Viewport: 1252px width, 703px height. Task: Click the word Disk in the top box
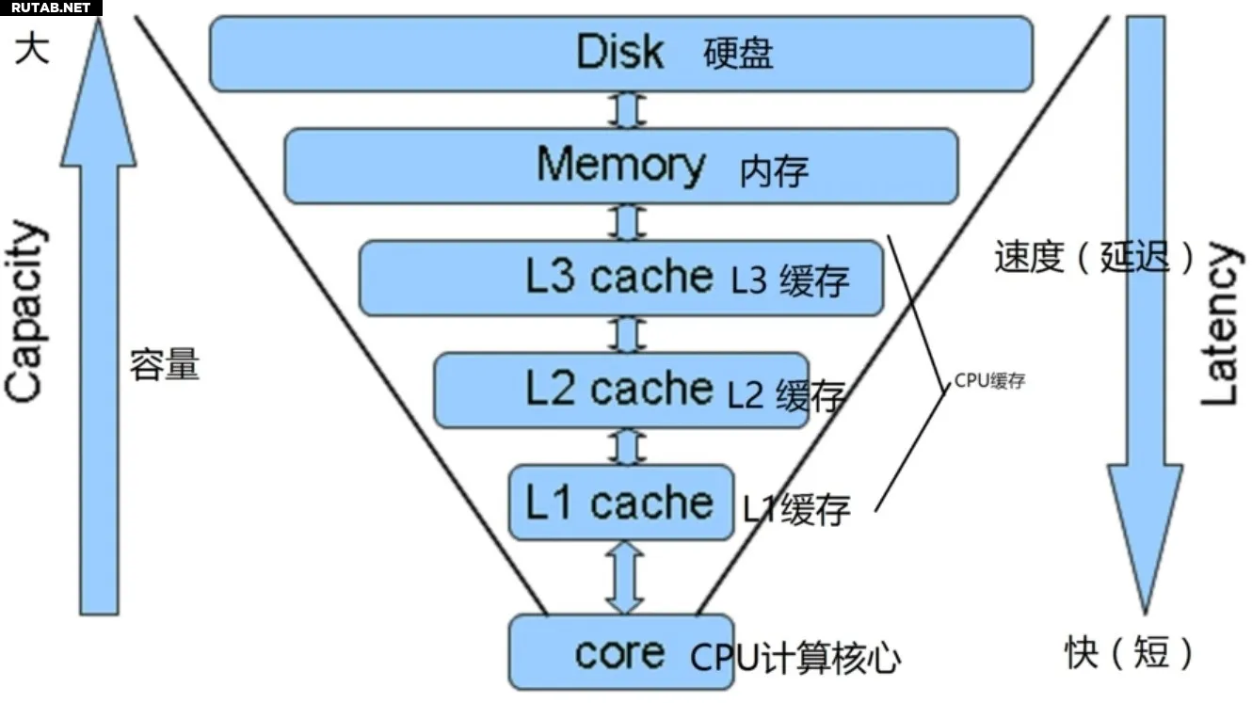pos(619,52)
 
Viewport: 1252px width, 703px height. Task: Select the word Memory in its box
pos(620,165)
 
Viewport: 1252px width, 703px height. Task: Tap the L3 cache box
pos(621,278)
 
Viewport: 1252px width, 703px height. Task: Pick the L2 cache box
pos(620,390)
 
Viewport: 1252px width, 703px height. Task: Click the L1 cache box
pos(620,503)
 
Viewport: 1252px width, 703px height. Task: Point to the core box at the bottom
pos(620,652)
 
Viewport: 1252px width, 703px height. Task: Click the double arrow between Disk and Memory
pos(627,109)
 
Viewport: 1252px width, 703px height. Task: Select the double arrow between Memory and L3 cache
pos(627,222)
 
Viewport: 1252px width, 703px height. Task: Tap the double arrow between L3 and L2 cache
pos(627,334)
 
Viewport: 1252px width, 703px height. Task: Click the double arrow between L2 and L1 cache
pos(627,446)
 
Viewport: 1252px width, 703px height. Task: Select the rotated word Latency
pos(1219,325)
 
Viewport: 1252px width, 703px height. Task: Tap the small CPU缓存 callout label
pos(989,381)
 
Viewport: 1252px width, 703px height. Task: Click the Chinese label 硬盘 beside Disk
pos(739,54)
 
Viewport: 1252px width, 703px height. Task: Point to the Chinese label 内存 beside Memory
pos(774,170)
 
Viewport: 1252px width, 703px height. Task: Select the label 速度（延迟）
pos(1094,256)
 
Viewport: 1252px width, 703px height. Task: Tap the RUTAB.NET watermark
pos(51,8)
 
